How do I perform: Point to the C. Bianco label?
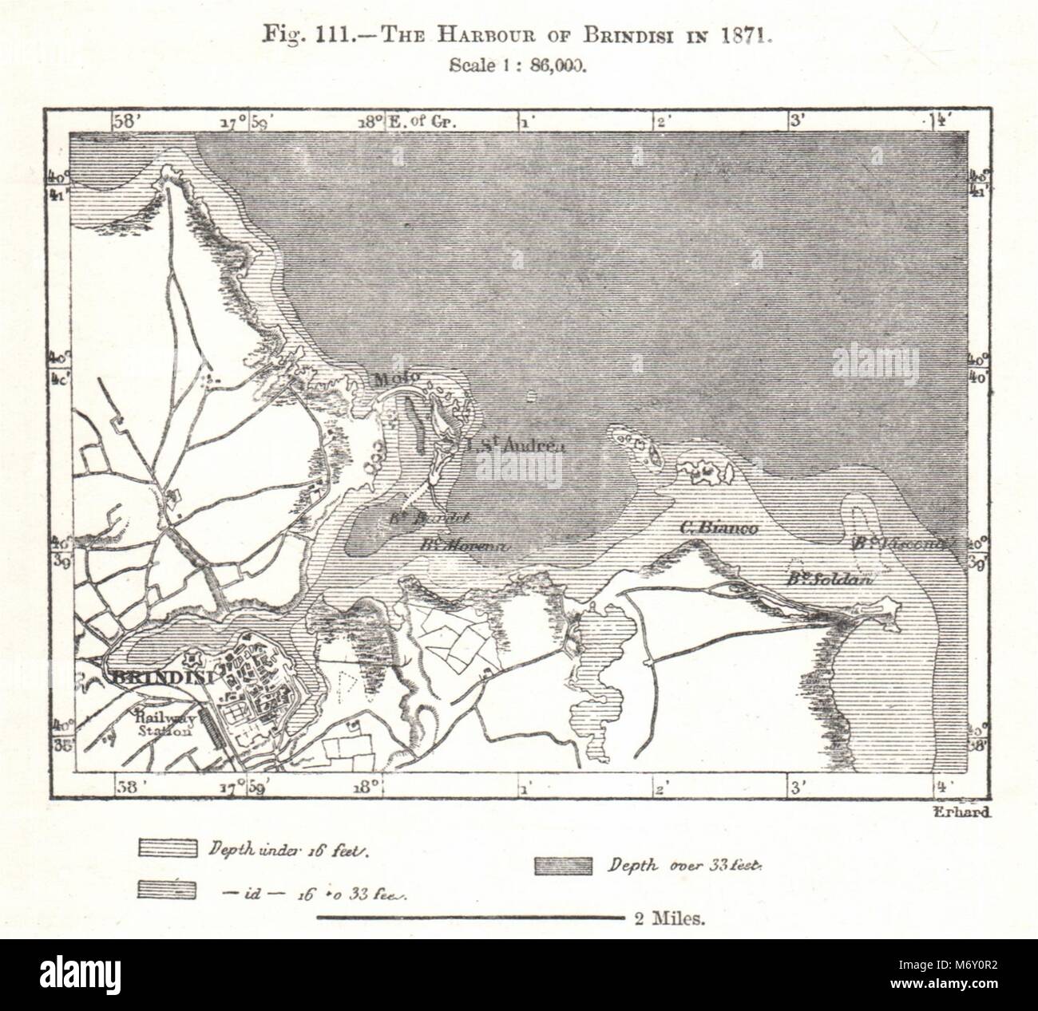pyautogui.click(x=718, y=527)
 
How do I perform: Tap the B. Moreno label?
pyautogui.click(x=462, y=545)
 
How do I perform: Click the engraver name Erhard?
pyautogui.click(x=962, y=812)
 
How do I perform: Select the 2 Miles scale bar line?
pyautogui.click(x=470, y=918)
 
